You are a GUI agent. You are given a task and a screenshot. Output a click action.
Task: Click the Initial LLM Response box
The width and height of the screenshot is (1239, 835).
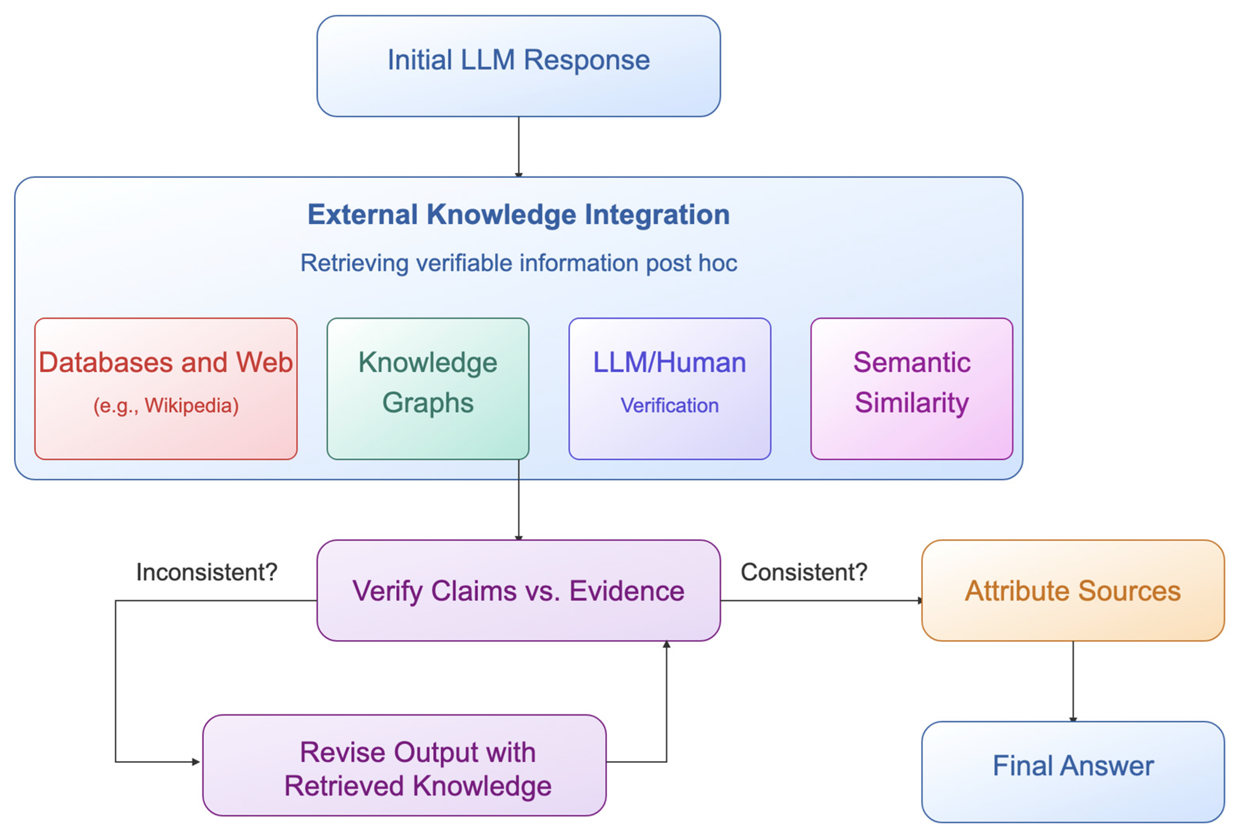click(x=518, y=66)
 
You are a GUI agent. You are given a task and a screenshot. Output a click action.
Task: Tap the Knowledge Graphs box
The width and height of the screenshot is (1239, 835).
click(x=428, y=389)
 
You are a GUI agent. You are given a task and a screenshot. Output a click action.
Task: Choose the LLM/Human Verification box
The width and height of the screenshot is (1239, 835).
click(x=670, y=389)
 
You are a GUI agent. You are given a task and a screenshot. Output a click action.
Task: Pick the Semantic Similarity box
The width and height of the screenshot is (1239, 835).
click(x=912, y=389)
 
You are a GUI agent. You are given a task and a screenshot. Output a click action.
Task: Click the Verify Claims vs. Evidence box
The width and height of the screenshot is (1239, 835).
click(x=518, y=590)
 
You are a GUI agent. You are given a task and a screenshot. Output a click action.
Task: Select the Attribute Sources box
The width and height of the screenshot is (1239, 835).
click(x=1073, y=590)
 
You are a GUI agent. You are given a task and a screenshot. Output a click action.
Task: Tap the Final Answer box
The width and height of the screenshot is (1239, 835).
click(x=1073, y=772)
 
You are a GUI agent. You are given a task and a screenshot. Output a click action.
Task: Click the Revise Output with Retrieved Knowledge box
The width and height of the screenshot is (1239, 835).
click(x=404, y=765)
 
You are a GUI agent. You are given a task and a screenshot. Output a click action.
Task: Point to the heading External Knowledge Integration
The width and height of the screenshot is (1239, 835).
click(x=518, y=215)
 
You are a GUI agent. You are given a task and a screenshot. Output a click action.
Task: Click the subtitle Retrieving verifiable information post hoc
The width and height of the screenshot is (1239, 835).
click(x=518, y=263)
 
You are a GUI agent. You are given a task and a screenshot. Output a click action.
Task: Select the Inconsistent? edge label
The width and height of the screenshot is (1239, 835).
click(x=207, y=572)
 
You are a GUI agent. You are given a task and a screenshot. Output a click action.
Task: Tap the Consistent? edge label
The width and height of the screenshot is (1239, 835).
click(x=804, y=572)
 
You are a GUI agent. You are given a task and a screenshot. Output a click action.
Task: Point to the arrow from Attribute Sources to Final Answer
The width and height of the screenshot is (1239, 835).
click(x=1073, y=682)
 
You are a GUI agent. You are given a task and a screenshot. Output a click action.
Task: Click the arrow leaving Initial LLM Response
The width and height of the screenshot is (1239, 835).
click(x=518, y=147)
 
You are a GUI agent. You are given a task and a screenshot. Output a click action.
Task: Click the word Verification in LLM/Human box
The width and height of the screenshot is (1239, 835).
click(x=670, y=406)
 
